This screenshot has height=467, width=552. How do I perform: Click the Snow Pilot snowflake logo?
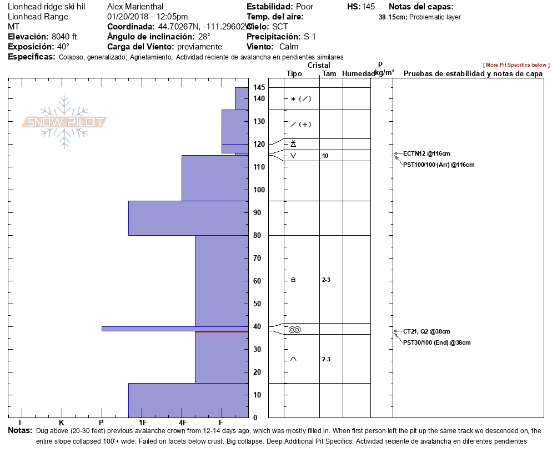click(64, 122)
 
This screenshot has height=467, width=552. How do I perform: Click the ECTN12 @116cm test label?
click(426, 153)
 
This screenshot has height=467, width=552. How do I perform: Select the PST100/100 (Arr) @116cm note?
click(439, 165)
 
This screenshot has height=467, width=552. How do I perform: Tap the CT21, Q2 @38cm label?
click(426, 331)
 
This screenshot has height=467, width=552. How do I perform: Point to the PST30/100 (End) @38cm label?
click(436, 342)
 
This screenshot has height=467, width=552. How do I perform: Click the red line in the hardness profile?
click(222, 331)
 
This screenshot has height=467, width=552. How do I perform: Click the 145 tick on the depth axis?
click(259, 88)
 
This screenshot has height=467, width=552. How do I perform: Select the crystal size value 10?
click(325, 156)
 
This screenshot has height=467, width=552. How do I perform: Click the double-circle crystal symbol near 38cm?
click(294, 330)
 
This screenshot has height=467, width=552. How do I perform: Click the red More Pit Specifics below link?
click(516, 65)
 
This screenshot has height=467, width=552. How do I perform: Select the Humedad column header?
click(359, 73)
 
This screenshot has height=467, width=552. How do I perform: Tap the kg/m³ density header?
click(384, 73)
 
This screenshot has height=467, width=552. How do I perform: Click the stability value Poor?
click(304, 7)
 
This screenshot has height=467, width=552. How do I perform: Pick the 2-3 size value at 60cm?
click(326, 280)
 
